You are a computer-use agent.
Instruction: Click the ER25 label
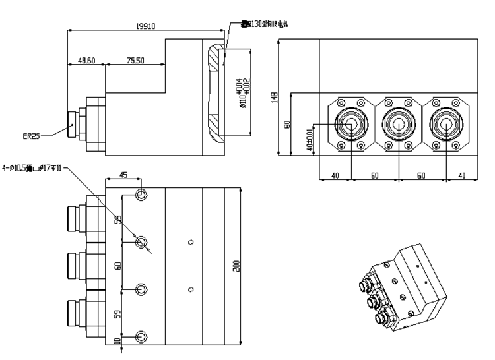tap(31, 136)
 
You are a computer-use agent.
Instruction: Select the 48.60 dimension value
tap(86, 60)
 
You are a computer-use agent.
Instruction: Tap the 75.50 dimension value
tap(135, 60)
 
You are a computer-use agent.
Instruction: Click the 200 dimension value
tap(235, 265)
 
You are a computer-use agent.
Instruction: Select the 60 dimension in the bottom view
tap(118, 265)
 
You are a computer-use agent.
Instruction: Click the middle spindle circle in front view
tap(397, 123)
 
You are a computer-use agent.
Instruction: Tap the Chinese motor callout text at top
tap(264, 24)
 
